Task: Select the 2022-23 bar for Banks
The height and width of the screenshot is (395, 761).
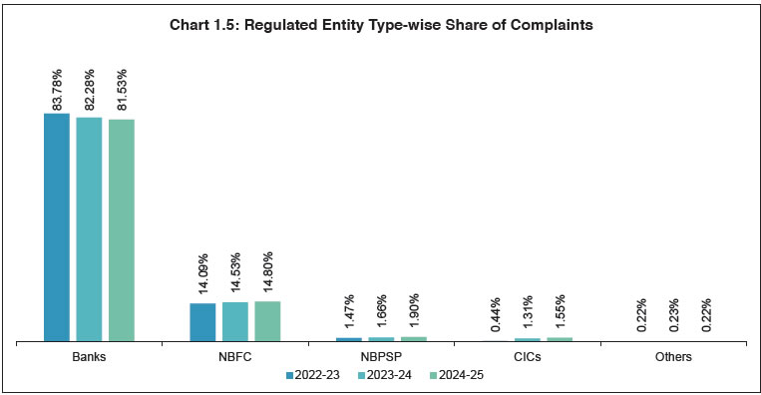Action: coord(57,227)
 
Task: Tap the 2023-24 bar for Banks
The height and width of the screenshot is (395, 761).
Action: coord(90,229)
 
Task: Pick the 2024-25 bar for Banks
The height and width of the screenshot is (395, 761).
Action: coord(122,230)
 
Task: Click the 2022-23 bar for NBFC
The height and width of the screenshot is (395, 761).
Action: coord(202,322)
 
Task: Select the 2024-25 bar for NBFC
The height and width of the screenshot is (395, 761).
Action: coord(267,321)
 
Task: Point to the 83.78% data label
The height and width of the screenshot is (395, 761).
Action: coord(57,86)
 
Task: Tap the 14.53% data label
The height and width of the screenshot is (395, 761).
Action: coord(235,275)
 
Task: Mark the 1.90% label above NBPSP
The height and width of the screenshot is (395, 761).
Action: coord(413,312)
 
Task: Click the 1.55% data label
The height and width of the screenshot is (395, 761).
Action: coord(560,313)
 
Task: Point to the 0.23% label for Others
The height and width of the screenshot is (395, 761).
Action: coord(673,317)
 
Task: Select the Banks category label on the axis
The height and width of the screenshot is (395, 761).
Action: coord(90,356)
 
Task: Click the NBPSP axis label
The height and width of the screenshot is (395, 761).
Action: coord(381,356)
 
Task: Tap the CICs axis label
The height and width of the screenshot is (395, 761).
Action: coord(527,356)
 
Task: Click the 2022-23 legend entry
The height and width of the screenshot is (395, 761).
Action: coord(313,376)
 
